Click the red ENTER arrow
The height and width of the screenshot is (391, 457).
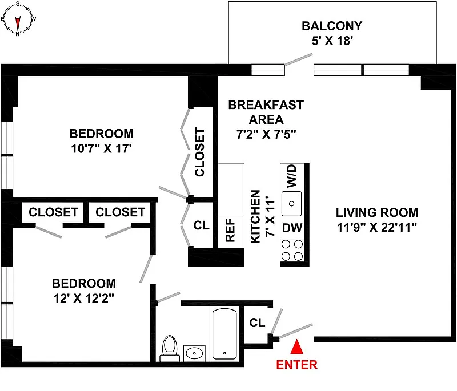tap(297, 346)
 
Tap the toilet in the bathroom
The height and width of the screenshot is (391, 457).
tap(170, 349)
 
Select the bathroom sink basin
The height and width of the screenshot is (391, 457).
tap(194, 353)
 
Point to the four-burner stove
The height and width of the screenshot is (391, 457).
tap(292, 251)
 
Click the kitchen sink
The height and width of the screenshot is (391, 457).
tap(292, 204)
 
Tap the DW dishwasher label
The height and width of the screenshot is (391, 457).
tap(292, 228)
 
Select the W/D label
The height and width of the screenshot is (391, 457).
tap(291, 176)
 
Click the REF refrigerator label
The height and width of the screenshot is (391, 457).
tap(230, 230)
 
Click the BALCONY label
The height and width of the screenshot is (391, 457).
tap(332, 26)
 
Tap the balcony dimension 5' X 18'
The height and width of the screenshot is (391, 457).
tap(332, 41)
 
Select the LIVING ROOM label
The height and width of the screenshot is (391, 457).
tap(377, 212)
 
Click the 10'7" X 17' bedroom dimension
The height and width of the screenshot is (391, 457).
tap(102, 148)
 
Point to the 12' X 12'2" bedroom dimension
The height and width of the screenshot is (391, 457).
tap(83, 298)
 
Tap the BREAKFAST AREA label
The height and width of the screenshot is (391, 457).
tap(266, 112)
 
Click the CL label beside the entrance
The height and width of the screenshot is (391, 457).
tap(257, 323)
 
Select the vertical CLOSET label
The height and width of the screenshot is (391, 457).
tap(199, 152)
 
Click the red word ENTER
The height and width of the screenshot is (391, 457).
tap(296, 365)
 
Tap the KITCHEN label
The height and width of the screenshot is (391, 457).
tap(255, 216)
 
